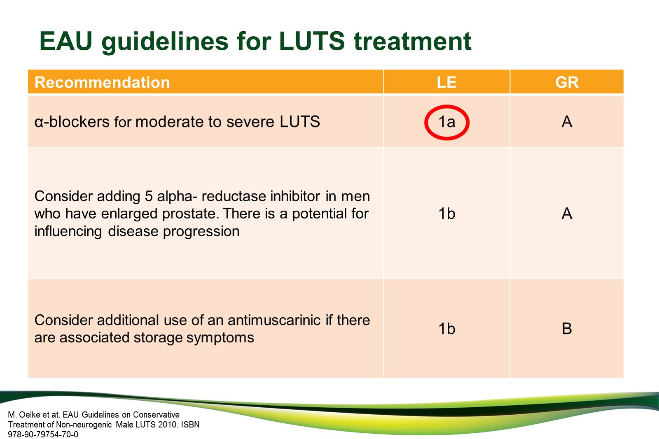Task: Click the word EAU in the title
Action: (66, 41)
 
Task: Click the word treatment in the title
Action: (412, 41)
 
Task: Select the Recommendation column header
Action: (102, 82)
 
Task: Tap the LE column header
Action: (446, 82)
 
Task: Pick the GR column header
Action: (567, 82)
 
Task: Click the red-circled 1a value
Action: (446, 122)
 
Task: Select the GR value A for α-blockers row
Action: (567, 122)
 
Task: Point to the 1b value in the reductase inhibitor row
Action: (446, 214)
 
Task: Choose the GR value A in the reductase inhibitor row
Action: (567, 214)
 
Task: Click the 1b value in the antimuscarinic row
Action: (446, 328)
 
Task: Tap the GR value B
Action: (567, 328)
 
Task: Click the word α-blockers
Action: (72, 122)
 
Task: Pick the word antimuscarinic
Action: (274, 320)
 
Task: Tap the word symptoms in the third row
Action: (220, 338)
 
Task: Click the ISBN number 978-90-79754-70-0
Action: (43, 434)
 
